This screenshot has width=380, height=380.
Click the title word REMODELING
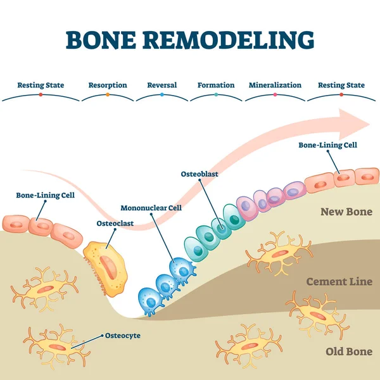[229, 40]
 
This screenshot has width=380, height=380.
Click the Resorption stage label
[108, 85]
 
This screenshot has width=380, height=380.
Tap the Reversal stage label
[161, 85]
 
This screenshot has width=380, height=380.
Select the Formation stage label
[216, 85]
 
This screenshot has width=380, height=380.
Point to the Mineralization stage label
[275, 85]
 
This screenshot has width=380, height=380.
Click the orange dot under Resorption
[108, 95]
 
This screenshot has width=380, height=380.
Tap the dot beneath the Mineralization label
[275, 95]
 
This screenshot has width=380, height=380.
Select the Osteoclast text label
[115, 223]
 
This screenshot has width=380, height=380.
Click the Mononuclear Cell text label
[151, 207]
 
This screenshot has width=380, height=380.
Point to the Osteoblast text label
[200, 173]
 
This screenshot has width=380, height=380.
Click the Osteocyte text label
[122, 336]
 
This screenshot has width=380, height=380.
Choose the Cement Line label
[339, 281]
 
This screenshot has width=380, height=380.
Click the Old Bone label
[348, 351]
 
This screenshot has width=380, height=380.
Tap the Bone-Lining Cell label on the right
[328, 144]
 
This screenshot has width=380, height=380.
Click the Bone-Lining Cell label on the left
[46, 195]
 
